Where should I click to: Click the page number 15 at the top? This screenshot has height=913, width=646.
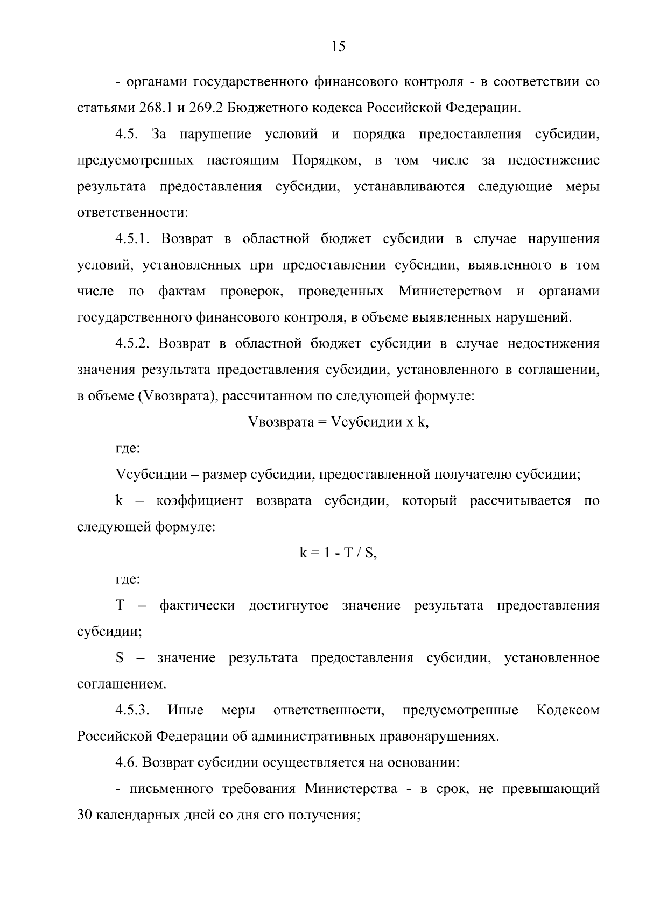[338, 47]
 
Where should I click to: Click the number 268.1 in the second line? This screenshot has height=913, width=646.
[155, 108]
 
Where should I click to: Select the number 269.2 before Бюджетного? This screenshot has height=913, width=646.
[205, 108]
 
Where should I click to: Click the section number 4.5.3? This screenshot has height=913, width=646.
[132, 710]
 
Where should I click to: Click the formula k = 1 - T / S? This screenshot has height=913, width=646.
[338, 553]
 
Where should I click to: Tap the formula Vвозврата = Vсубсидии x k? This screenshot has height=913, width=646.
[338, 422]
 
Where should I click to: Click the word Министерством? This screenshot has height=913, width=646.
[450, 292]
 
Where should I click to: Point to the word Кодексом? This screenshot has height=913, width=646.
[568, 710]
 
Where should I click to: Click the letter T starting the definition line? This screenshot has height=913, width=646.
[120, 606]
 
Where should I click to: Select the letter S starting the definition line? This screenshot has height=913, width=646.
[120, 658]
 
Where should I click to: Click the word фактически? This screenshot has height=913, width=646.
[197, 606]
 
